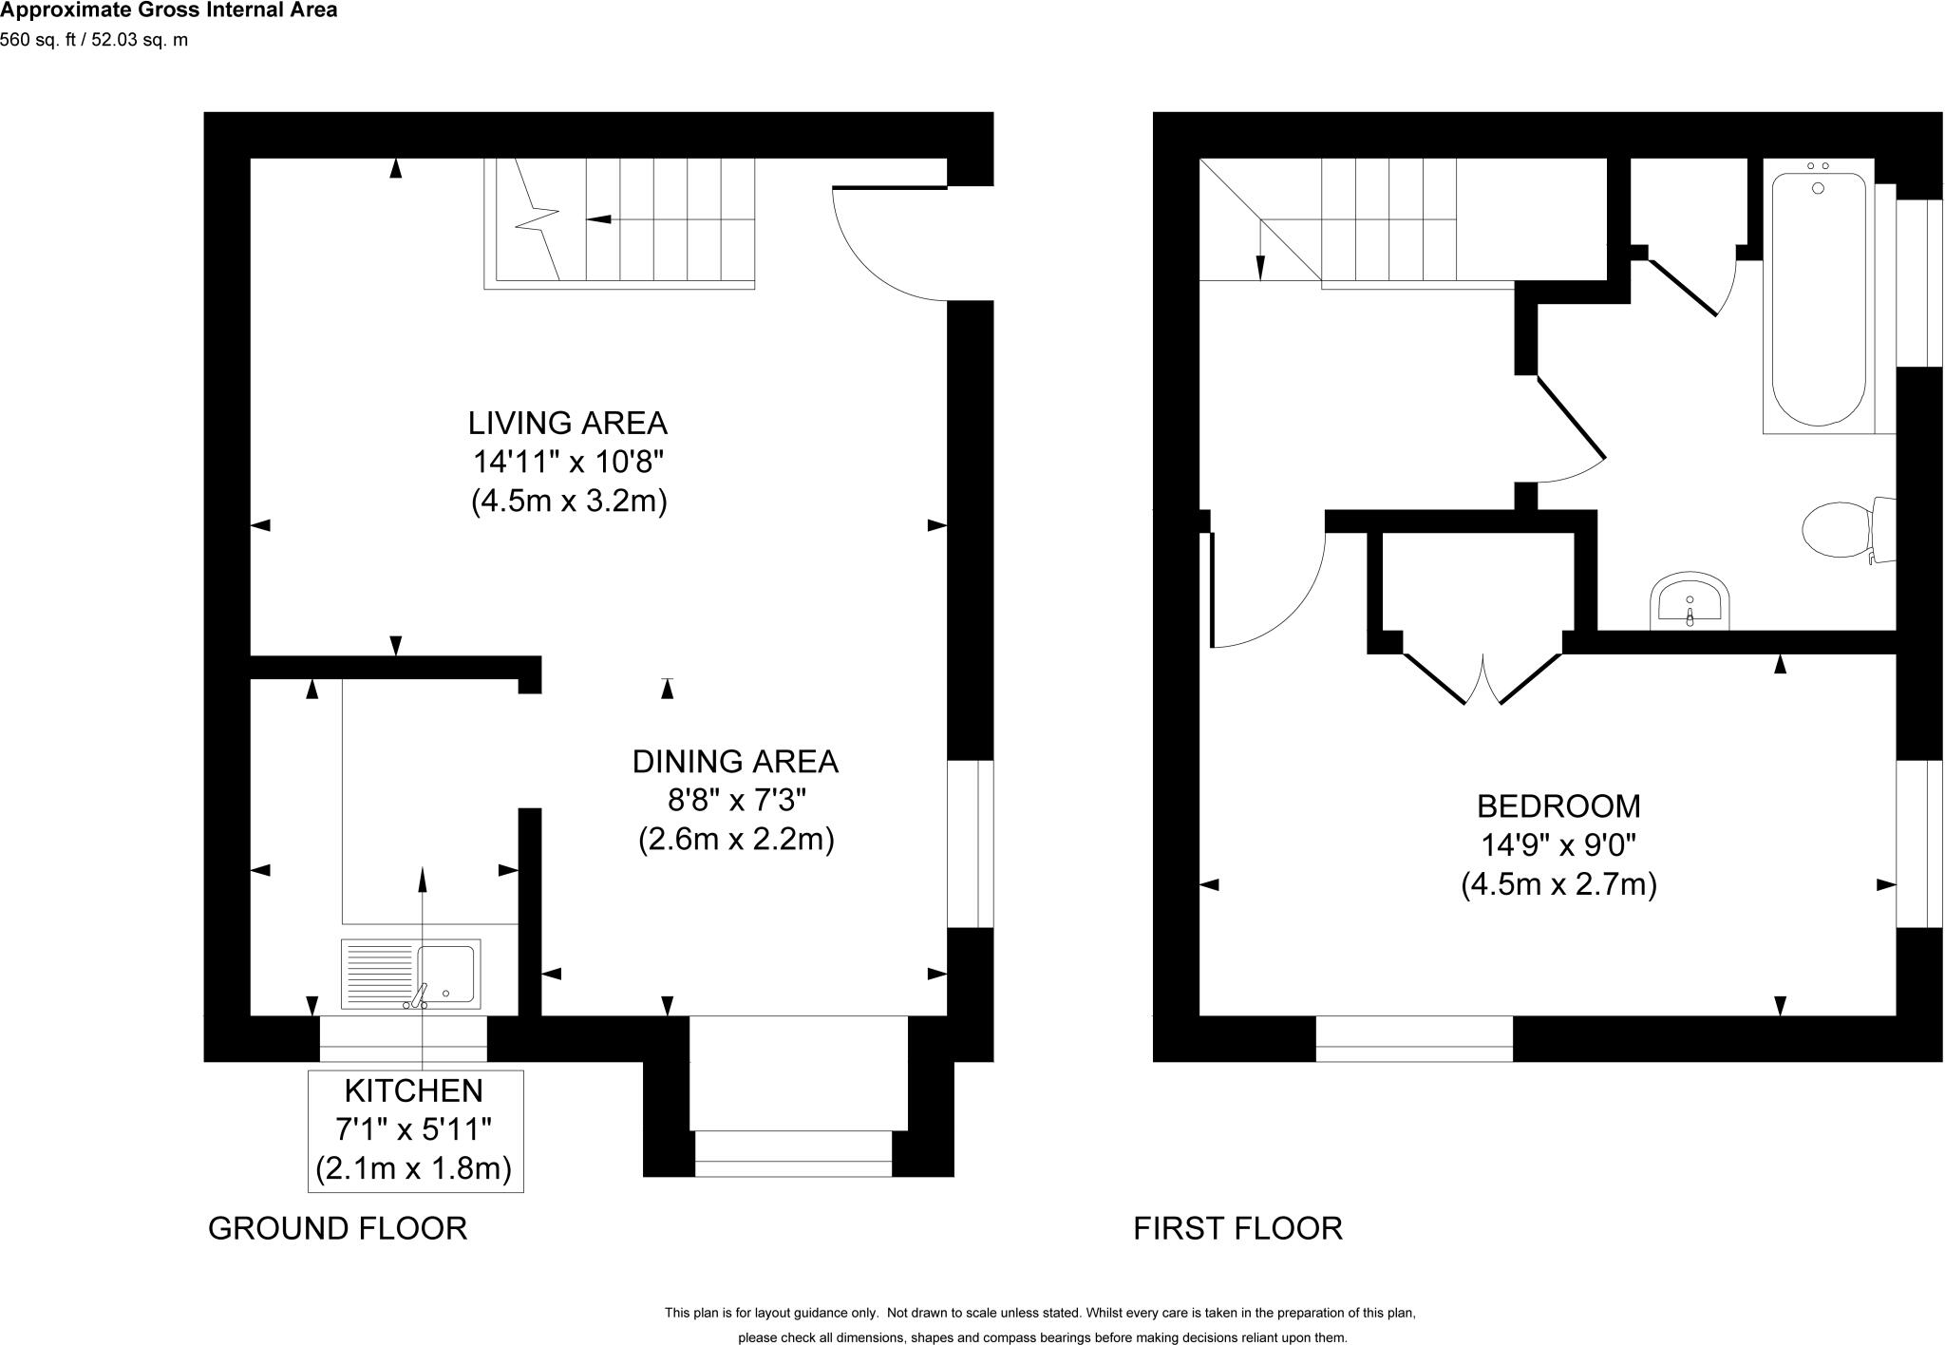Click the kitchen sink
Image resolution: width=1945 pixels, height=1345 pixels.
tap(410, 974)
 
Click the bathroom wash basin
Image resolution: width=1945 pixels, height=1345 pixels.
tap(1690, 600)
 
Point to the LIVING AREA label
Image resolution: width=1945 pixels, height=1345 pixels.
tap(567, 423)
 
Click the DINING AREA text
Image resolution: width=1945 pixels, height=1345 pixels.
tap(735, 762)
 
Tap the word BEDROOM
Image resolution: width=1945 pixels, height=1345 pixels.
tap(1558, 806)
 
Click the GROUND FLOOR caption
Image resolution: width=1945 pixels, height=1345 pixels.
tap(337, 1228)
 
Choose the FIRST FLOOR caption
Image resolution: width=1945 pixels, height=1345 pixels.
tap(1237, 1228)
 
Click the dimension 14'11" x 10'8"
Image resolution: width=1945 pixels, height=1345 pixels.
tap(567, 463)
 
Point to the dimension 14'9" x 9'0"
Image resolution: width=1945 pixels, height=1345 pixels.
tap(1558, 844)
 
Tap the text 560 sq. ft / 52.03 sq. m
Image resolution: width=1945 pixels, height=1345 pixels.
tap(94, 40)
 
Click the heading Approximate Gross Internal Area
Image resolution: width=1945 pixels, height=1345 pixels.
tap(168, 11)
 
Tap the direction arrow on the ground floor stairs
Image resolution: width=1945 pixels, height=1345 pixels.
tap(600, 219)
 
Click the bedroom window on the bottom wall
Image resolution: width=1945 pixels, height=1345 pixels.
tap(1413, 1039)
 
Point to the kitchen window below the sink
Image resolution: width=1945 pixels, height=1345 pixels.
tap(403, 1039)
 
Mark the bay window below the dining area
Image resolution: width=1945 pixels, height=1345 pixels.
tap(794, 1153)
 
